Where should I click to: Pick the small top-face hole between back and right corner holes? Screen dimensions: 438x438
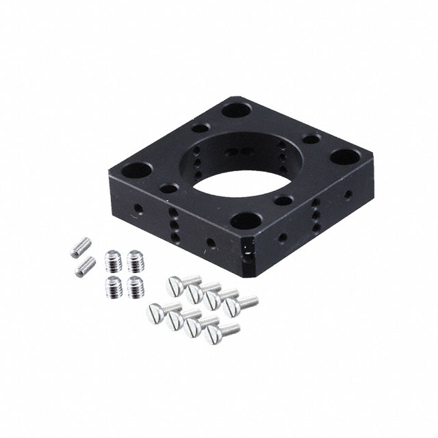click(x=311, y=140)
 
